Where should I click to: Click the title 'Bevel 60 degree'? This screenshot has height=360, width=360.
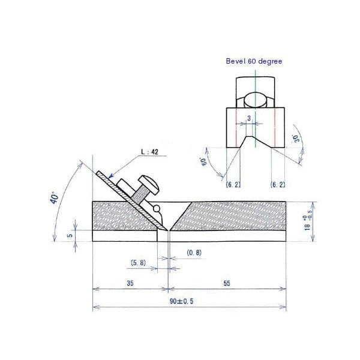254,61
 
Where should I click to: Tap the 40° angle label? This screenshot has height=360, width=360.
55,197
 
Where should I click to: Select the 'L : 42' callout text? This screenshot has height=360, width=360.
149,152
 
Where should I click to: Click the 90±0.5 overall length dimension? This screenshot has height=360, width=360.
181,301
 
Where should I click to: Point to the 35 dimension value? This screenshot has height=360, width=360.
130,283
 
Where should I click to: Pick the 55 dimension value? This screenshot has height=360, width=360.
227,283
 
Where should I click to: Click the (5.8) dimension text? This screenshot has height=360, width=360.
138,263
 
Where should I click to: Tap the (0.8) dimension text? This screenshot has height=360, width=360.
194,253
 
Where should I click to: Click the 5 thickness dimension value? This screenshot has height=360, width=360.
70,235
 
